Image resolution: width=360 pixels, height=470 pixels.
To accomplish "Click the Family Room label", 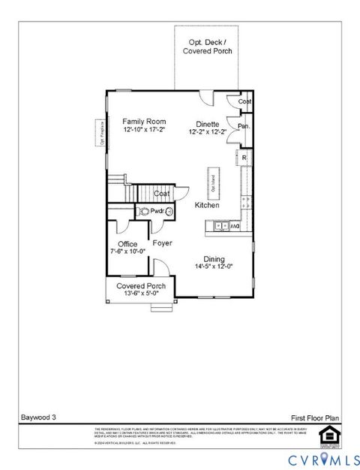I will click(145, 122).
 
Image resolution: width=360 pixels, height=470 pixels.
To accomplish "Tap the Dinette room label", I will click(208, 124).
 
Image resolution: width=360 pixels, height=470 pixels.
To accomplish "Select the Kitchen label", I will click(207, 205).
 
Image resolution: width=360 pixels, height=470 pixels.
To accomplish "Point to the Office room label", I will click(127, 244).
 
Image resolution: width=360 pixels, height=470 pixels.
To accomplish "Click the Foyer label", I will click(163, 243).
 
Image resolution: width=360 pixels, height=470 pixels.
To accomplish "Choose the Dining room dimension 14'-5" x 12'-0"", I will click(214, 265).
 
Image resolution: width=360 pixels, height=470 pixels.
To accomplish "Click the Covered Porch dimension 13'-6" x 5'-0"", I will click(141, 294).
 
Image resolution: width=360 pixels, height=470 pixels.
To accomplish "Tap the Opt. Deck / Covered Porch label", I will click(208, 47).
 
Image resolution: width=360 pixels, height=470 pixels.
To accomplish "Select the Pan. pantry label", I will click(244, 126).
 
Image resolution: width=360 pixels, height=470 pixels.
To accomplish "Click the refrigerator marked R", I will click(244, 158).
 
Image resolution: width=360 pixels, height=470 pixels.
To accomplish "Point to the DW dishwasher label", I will click(234, 225).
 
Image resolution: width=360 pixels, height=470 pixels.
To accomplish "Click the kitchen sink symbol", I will click(219, 225).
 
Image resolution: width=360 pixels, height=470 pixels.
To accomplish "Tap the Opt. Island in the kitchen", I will click(214, 182).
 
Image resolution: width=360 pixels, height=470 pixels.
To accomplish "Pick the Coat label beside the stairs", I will click(162, 194).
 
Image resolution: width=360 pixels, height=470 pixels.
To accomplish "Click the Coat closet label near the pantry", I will click(244, 102).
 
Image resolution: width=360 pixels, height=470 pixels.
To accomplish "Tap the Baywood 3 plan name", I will click(37, 415).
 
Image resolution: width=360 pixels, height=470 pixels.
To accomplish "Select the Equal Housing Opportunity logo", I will click(326, 435).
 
